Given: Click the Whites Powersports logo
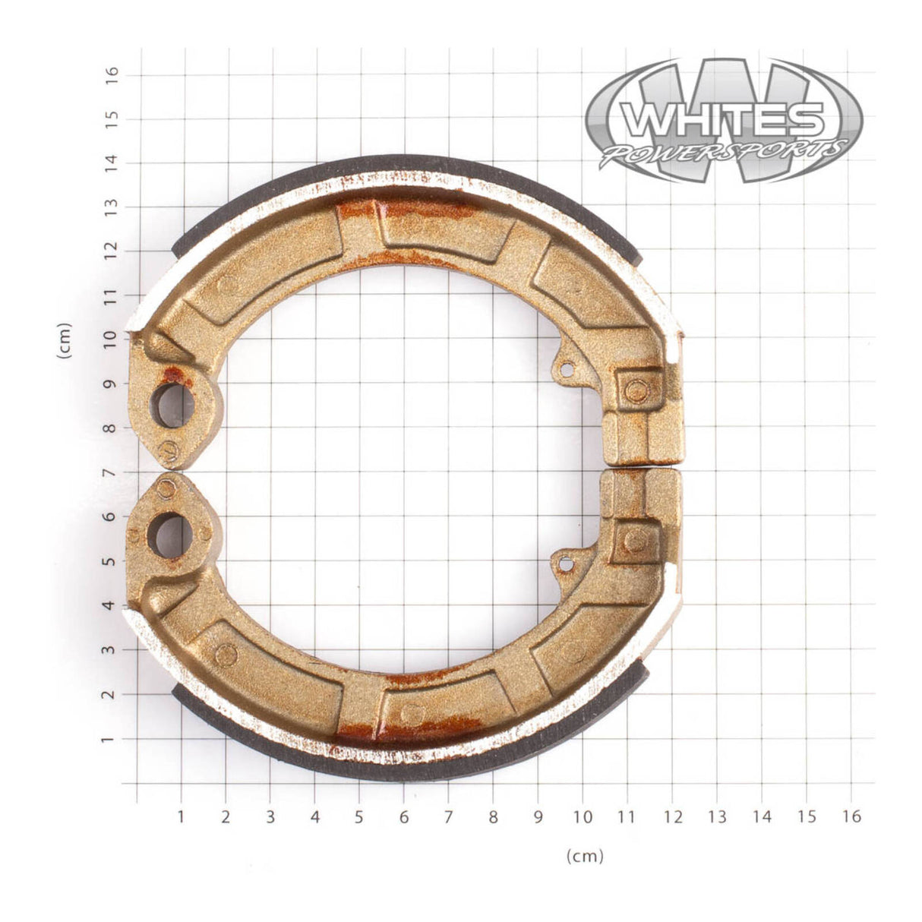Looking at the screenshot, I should [725, 122].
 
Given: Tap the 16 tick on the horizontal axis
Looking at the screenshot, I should [851, 816].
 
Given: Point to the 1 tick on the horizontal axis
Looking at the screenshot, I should [181, 816].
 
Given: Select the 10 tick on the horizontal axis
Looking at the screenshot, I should [583, 816].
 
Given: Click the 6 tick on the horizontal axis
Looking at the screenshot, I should [404, 816].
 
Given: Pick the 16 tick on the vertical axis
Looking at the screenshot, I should [112, 74].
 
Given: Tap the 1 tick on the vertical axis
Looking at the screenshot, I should [112, 738].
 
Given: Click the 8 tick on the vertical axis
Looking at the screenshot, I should [112, 428].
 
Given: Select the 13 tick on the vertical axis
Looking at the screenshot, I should [112, 207].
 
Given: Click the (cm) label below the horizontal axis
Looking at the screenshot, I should [585, 856].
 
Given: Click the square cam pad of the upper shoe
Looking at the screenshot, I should [635, 390].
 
